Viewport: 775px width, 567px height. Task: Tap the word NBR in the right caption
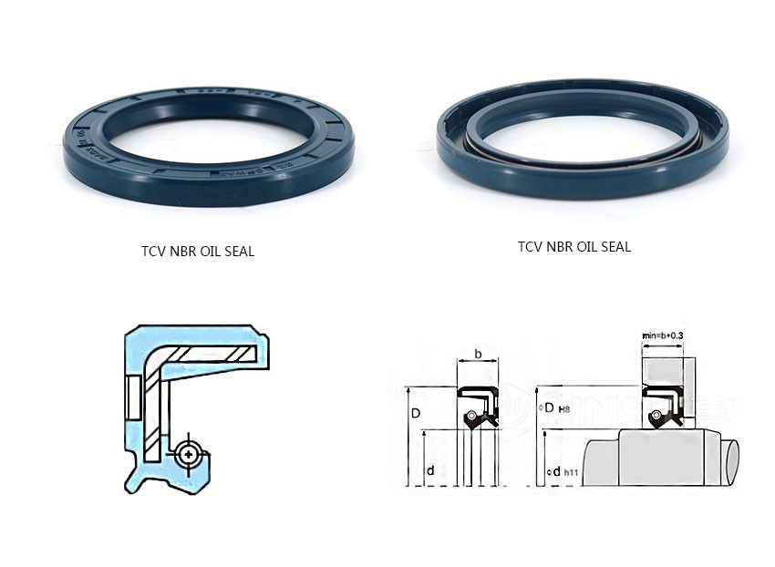tap(559, 246)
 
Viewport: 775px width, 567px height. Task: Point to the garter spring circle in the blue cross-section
tap(189, 452)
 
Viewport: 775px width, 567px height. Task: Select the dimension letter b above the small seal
tap(478, 353)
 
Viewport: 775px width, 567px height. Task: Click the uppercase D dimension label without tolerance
tap(415, 413)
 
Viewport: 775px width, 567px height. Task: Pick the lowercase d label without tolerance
tap(429, 470)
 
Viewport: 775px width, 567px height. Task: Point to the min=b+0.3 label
tap(663, 335)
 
